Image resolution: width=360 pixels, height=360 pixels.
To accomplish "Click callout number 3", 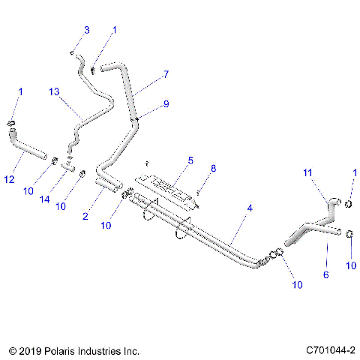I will click(x=86, y=30).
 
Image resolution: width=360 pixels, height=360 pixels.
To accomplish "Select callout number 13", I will click(x=52, y=91).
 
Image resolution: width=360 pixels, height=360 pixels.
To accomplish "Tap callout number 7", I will click(x=166, y=76).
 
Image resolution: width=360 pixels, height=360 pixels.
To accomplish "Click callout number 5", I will click(x=190, y=160).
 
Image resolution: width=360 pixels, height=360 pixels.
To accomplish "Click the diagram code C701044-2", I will click(x=331, y=349).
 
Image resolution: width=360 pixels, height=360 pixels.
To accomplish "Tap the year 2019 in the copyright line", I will click(x=31, y=349).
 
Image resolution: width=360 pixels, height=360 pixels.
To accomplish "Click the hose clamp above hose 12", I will click(x=12, y=124).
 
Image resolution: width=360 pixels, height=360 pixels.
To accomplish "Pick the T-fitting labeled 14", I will click(x=68, y=166).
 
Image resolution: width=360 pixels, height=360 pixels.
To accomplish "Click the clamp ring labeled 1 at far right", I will click(x=349, y=200).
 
